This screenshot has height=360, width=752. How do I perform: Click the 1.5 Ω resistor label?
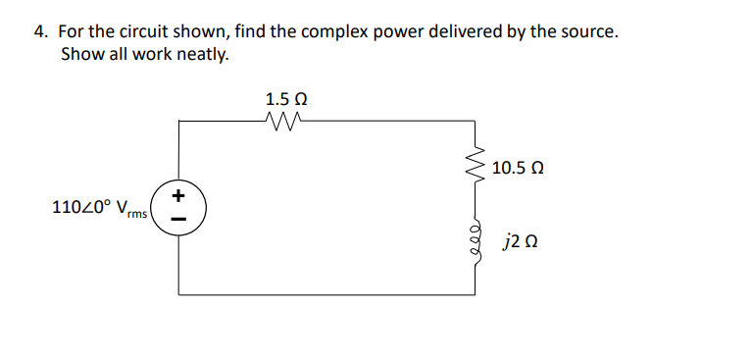click(286, 99)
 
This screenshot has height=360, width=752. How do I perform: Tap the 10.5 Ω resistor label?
click(519, 168)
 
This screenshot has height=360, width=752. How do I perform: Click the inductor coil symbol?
click(477, 239)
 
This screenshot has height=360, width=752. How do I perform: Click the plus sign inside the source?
click(178, 196)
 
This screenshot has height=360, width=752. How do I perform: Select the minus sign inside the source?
click(178, 219)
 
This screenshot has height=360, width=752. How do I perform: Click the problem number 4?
click(39, 31)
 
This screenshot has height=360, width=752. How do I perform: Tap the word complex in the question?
click(337, 31)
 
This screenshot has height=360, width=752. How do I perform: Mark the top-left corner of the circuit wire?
click(179, 121)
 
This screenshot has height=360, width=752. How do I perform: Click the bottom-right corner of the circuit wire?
click(477, 293)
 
